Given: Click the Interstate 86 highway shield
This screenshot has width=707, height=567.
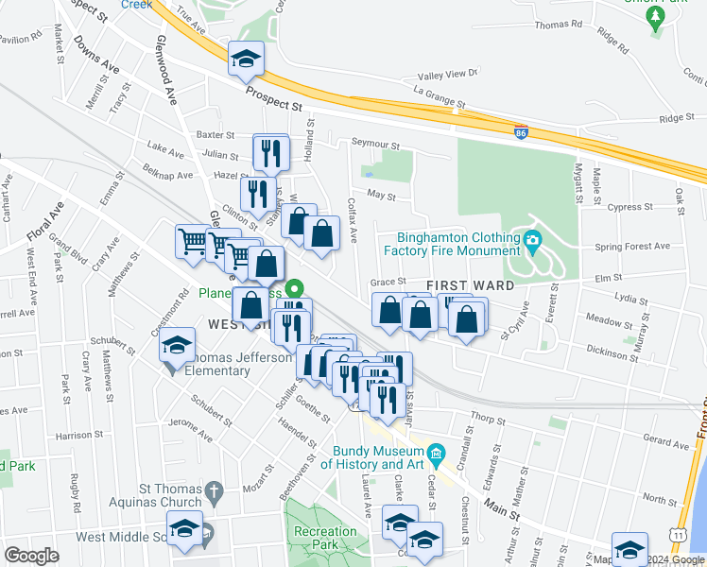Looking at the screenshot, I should pos(521,133).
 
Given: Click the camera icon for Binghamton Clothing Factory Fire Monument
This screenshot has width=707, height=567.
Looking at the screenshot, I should pos(532,242).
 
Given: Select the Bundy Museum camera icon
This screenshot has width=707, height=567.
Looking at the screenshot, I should pos(436,455).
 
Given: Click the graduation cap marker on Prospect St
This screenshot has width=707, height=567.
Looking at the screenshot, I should pos(246,60).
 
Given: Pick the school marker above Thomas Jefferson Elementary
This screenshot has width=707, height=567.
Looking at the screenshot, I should pos(177,346).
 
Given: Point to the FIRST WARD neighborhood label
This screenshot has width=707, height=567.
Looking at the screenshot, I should pos(470,285).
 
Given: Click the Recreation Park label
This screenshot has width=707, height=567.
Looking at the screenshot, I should pos(325,539).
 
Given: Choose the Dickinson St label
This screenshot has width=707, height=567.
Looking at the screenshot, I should pos(612,352).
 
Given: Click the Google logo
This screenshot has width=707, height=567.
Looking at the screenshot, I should pos(31,555).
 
